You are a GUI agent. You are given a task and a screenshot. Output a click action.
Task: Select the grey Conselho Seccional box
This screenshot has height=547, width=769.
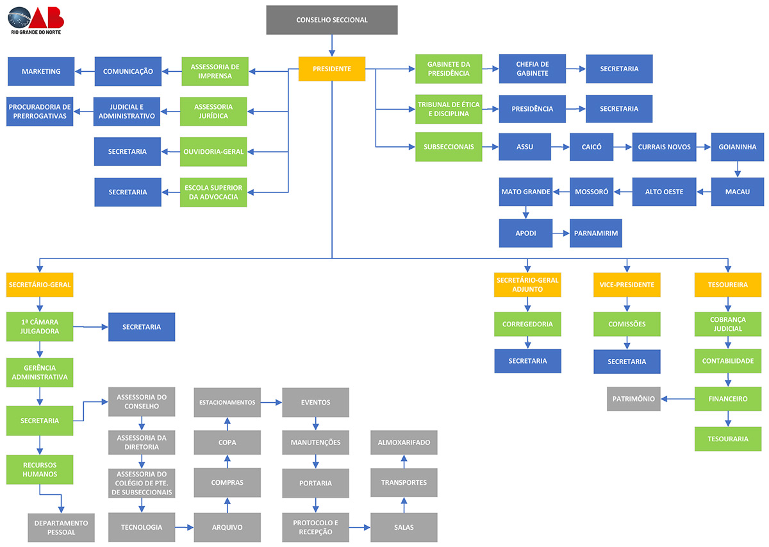332,20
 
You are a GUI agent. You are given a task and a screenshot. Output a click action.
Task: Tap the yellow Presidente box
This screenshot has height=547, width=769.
332,69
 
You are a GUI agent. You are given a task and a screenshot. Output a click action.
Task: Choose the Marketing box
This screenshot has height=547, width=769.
41,71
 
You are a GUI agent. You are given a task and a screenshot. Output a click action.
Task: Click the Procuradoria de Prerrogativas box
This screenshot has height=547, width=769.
40,112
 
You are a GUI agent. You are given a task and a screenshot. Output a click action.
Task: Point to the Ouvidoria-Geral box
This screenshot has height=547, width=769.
213,151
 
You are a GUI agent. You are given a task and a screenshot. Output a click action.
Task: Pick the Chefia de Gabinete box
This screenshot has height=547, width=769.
533,69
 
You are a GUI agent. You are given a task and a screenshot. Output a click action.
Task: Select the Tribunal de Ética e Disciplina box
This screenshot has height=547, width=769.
449,109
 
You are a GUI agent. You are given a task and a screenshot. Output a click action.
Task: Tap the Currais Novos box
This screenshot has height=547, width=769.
664,147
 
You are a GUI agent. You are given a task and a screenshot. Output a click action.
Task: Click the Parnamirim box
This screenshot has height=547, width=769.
596,233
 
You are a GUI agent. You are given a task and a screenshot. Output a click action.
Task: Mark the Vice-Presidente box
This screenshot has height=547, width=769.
627,285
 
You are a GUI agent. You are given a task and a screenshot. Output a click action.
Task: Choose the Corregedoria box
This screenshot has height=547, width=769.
527,324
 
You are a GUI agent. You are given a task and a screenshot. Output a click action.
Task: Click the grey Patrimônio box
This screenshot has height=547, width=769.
634,399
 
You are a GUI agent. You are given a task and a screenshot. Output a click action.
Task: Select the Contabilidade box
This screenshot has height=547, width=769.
728,361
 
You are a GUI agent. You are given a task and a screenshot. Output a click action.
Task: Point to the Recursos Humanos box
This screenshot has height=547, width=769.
40,469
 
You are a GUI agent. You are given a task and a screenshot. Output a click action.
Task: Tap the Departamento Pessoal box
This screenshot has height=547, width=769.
62,528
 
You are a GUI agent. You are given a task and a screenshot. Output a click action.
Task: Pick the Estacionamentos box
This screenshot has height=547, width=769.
227,403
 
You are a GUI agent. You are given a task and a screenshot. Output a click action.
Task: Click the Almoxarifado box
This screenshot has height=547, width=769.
404,442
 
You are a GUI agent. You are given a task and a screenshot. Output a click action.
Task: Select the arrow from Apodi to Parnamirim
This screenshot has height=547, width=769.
561,233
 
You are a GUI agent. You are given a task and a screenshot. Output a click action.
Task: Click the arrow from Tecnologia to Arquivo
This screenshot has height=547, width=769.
185,528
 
